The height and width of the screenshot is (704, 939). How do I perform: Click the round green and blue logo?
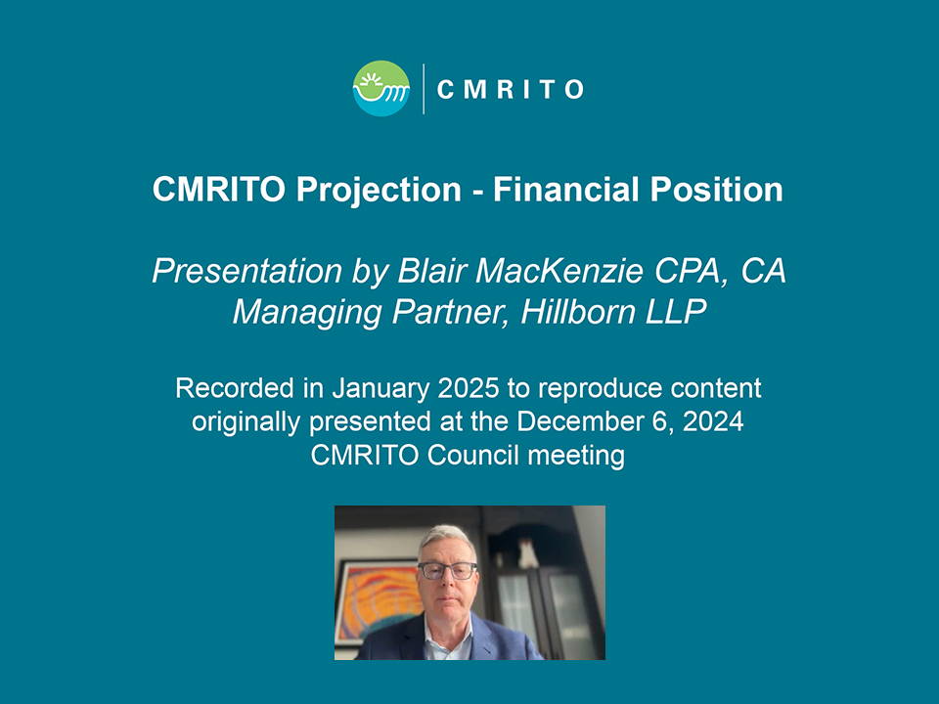(x=380, y=89)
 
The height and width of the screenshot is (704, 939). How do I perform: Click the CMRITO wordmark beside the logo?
(x=511, y=90)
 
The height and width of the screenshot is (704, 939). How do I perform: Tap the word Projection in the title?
(x=379, y=191)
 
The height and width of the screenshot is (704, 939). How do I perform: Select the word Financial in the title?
(x=566, y=189)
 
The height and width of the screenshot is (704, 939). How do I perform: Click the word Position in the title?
(x=716, y=189)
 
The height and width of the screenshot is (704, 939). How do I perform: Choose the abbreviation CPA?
(x=691, y=271)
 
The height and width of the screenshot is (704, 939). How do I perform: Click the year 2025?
(x=469, y=388)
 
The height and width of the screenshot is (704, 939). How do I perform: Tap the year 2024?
(x=713, y=421)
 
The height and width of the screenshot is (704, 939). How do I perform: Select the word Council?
(x=473, y=455)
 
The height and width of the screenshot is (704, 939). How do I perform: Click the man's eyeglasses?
(x=447, y=570)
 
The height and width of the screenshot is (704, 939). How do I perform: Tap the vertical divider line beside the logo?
(x=424, y=89)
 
